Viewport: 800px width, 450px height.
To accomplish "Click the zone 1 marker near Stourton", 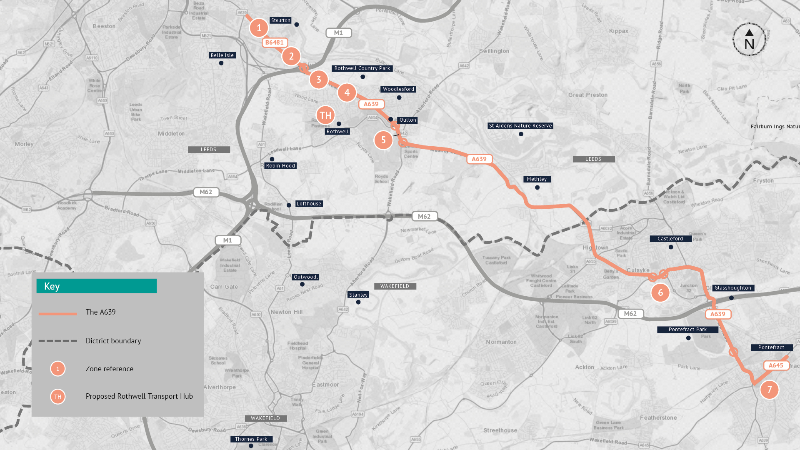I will point(259,28).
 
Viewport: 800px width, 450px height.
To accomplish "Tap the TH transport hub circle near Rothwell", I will point(325,115).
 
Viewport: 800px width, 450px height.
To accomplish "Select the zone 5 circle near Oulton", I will point(383,140).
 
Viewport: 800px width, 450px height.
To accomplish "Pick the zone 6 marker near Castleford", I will point(660,292).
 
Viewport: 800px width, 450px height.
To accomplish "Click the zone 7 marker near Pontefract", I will point(769,390).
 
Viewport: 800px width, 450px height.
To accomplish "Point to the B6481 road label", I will point(275,42).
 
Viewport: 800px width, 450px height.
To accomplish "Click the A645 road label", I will point(776,365).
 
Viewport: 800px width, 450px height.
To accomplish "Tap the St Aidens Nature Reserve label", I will point(520,126).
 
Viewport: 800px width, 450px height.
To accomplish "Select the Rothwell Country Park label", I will point(362,68).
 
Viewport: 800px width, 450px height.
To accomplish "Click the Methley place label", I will point(537,179).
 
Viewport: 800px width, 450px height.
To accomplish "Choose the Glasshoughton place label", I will point(733,288).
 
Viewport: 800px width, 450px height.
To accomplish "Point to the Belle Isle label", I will point(222,55).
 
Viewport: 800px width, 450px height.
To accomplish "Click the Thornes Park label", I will point(251,439).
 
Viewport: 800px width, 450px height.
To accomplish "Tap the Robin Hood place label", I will point(280,166).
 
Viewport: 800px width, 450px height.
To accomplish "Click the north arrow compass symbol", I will point(749,40).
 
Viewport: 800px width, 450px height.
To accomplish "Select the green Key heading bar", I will point(97,286).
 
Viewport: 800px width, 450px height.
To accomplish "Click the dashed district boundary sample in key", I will point(58,341).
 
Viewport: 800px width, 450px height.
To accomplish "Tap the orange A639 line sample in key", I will point(58,313).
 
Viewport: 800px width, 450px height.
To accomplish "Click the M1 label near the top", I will point(338,33).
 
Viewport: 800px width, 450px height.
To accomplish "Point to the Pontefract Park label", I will point(687,330).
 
